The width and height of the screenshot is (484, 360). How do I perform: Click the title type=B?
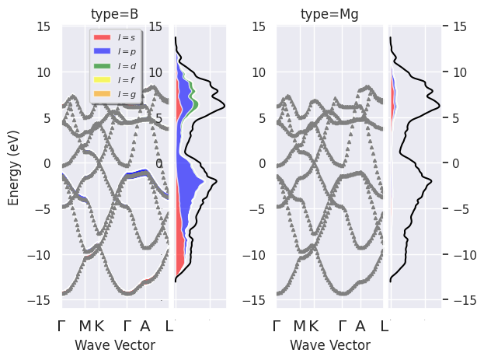point(115,15)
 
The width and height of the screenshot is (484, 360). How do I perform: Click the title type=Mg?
point(329,15)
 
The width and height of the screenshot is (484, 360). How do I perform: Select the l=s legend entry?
point(124,37)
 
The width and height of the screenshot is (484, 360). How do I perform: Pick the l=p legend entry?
point(124,51)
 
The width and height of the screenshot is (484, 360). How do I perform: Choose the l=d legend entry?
point(124,65)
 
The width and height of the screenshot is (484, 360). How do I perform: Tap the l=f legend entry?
point(124,79)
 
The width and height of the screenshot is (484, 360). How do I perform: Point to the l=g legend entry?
point(124,94)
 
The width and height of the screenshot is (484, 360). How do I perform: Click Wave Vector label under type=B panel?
point(115,345)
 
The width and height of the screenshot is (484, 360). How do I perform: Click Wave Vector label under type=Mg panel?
point(329,345)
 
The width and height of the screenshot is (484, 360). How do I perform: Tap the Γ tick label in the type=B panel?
point(64,326)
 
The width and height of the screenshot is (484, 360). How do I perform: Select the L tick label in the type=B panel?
point(169,326)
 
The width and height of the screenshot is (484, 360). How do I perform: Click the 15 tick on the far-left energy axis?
point(45,27)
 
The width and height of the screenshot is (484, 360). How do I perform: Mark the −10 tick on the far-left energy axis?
point(42,255)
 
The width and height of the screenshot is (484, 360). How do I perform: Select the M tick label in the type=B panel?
point(85,326)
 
